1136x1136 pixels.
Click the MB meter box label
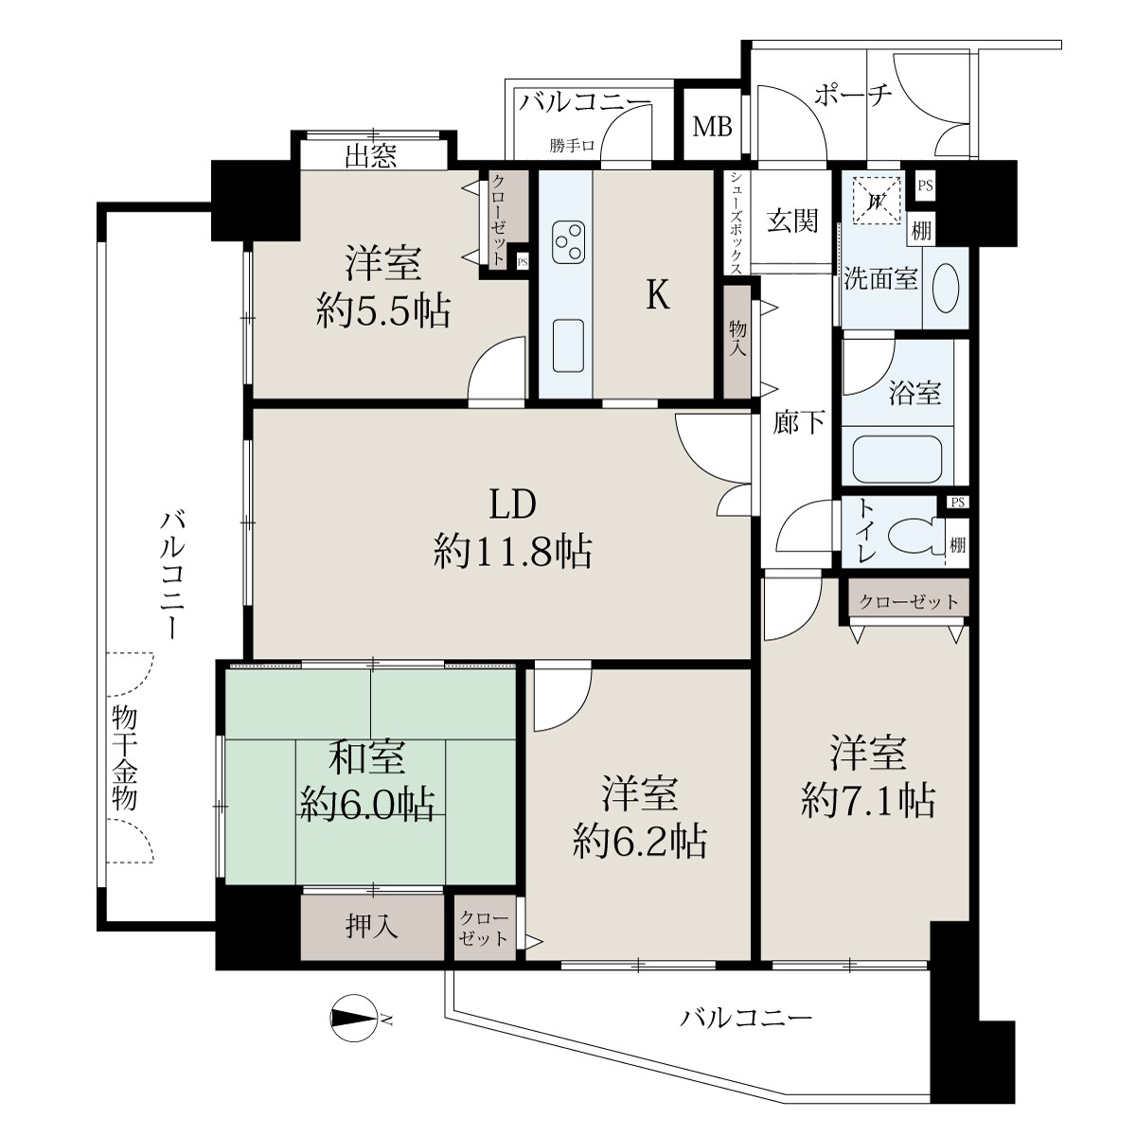tap(712, 128)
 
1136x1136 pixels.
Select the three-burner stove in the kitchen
tap(568, 242)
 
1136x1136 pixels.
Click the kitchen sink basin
tap(568, 346)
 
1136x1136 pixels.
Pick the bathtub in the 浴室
tap(897, 460)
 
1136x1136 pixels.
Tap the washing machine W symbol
tap(876, 202)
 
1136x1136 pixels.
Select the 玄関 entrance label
tap(793, 222)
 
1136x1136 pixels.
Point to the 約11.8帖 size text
tap(513, 552)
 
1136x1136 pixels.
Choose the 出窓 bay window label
tap(371, 155)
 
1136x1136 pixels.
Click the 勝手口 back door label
tap(572, 146)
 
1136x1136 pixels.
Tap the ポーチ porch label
tap(853, 95)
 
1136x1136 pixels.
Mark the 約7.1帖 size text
tap(868, 800)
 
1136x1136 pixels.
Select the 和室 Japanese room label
tap(367, 757)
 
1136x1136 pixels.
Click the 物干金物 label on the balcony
tap(124, 757)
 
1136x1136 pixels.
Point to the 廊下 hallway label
tap(799, 422)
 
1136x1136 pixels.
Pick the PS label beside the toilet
tap(958, 503)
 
